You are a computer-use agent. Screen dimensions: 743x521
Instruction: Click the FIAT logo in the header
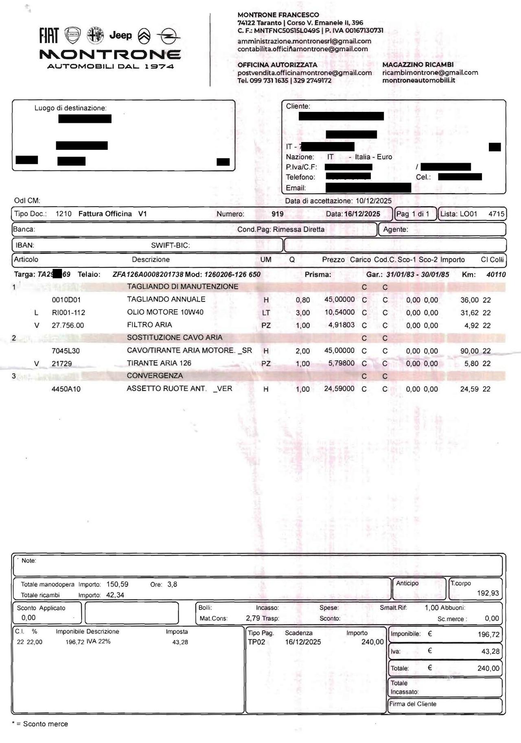pos(49,36)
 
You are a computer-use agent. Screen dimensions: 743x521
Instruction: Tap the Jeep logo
pos(120,36)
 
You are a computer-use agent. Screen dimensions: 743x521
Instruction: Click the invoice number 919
pos(278,214)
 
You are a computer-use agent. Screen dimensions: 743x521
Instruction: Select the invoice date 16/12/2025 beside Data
pos(362,214)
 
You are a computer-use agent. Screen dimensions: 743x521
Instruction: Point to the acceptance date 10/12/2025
pos(373,201)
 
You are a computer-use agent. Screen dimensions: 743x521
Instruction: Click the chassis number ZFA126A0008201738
pos(148,275)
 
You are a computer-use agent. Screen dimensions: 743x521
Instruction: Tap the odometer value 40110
pos(496,275)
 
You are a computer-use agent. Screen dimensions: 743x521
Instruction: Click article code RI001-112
pos(68,313)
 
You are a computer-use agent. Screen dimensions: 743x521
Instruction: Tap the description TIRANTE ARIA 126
pos(159,363)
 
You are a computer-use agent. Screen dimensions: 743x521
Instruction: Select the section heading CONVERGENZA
pos(155,376)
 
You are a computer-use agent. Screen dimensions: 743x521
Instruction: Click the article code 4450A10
pos(66,389)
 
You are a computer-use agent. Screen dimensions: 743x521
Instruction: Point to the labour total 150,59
pos(117,585)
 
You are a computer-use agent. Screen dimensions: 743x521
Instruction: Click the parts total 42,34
pos(115,595)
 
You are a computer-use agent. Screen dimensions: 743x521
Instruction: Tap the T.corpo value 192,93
pos(488,593)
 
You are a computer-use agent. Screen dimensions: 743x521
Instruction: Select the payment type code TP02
pos(256,642)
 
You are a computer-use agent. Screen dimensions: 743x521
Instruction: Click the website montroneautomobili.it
pos(418,81)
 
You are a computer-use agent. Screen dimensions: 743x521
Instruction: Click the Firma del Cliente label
pos(413,704)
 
